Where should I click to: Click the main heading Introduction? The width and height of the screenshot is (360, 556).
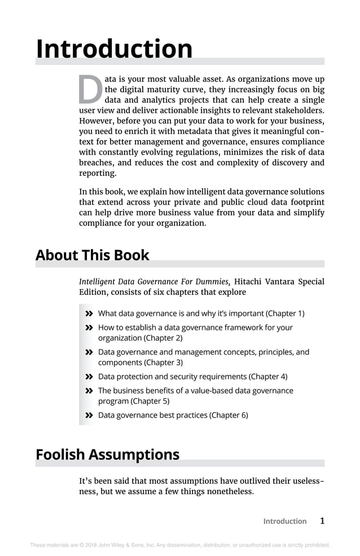pos(114,49)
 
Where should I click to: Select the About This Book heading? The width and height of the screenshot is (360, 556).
pos(92,255)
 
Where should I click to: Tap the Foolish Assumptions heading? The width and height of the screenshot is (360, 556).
pos(107,454)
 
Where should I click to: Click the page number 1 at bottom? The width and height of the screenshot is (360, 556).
pos(322,521)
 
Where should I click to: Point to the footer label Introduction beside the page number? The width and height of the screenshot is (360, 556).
pos(284,522)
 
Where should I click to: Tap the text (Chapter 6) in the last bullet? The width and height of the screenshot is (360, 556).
pos(229,416)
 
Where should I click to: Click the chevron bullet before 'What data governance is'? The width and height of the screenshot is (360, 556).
pos(89,314)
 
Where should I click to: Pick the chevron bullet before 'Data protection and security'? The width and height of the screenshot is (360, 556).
pos(89,377)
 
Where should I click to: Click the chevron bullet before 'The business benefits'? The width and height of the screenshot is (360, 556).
pos(89,391)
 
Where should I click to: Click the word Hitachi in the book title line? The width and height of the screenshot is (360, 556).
pos(249,281)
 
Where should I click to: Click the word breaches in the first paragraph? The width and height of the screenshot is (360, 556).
pos(96,163)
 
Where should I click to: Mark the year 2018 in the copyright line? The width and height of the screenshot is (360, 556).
pos(87,545)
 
